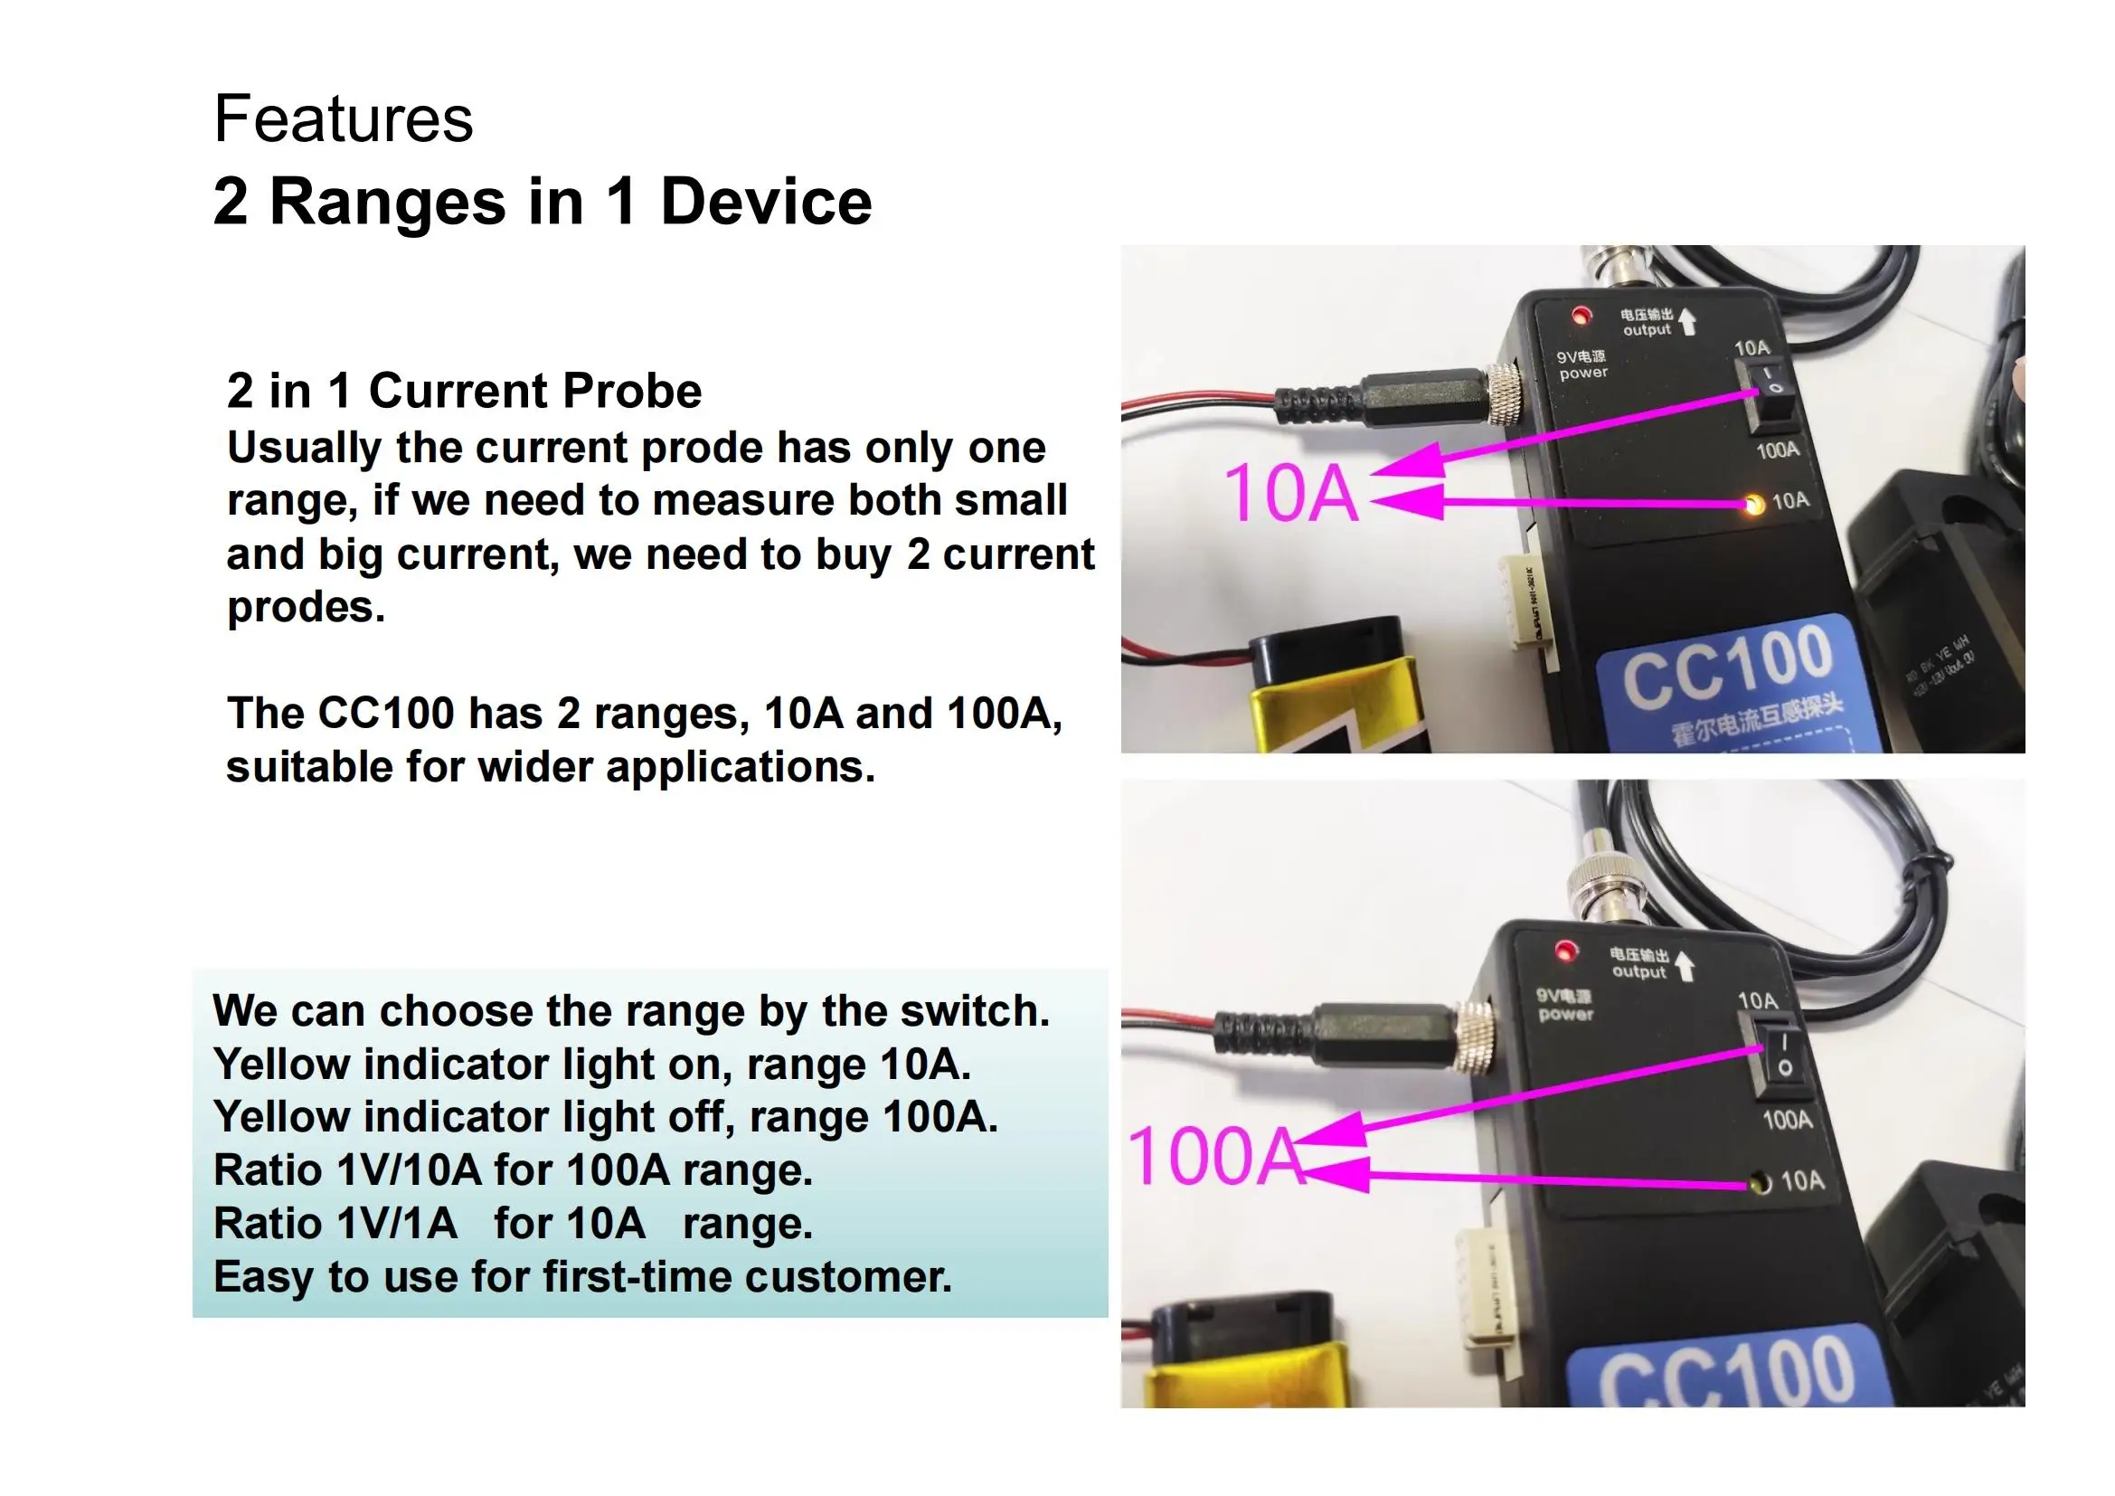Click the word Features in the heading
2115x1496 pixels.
pos(343,119)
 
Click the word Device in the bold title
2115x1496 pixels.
pos(766,202)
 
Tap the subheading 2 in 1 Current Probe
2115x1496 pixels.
pos(464,391)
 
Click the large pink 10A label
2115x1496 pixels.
pos(1289,494)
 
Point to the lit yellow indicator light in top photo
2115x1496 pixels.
pos(1754,504)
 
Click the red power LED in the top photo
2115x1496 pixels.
pos(1581,316)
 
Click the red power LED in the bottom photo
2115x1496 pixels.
pos(1564,949)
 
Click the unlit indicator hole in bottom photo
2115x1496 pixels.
pos(1760,1182)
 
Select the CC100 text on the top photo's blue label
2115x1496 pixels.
pos(1727,665)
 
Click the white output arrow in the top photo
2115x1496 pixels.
pos(1687,321)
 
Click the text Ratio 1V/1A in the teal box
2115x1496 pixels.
pos(335,1225)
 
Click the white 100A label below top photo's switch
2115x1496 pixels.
pos(1777,450)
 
